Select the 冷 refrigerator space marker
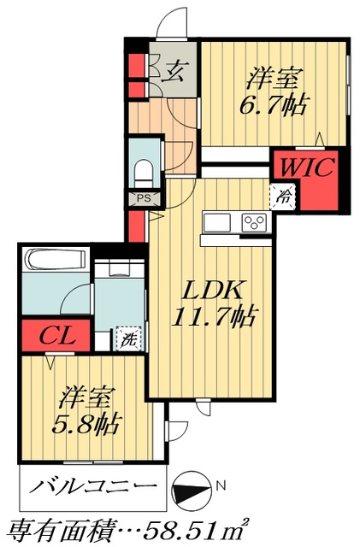point(283,196)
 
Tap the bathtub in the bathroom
point(53,260)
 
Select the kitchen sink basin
point(216,222)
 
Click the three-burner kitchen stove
point(255,222)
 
